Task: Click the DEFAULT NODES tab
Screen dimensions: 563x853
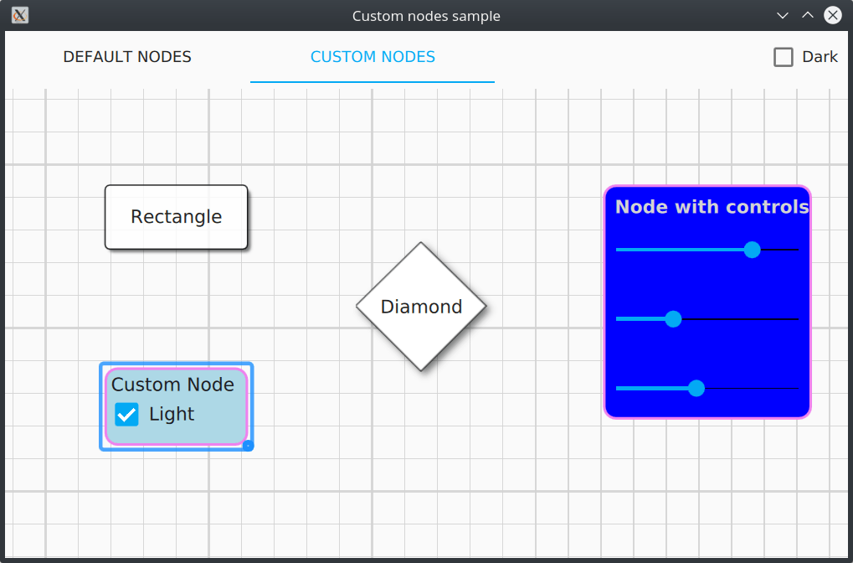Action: point(127,57)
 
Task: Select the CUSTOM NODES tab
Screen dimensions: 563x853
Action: point(373,57)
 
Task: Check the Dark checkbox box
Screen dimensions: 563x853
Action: point(784,57)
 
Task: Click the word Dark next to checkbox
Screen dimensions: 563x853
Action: point(820,57)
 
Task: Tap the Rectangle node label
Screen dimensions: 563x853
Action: point(176,217)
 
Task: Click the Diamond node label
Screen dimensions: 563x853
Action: point(421,307)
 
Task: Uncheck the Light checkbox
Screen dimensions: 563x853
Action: point(127,415)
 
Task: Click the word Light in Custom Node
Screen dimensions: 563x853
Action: point(172,415)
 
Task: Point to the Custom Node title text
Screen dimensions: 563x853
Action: point(172,385)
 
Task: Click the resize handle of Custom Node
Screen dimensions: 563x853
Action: point(248,446)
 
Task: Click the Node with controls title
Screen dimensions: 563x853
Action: point(712,207)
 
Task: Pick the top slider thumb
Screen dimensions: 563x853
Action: point(752,250)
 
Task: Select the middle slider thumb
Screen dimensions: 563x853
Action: point(673,319)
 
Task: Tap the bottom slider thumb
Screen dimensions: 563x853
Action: point(696,388)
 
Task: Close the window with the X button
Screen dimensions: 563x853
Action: point(832,15)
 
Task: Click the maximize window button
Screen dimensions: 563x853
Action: point(807,15)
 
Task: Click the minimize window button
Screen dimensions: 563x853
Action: point(783,15)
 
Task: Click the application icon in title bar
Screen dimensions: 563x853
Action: point(20,15)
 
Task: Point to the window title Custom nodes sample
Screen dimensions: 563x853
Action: point(426,16)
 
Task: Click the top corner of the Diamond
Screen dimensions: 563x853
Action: point(420,245)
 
